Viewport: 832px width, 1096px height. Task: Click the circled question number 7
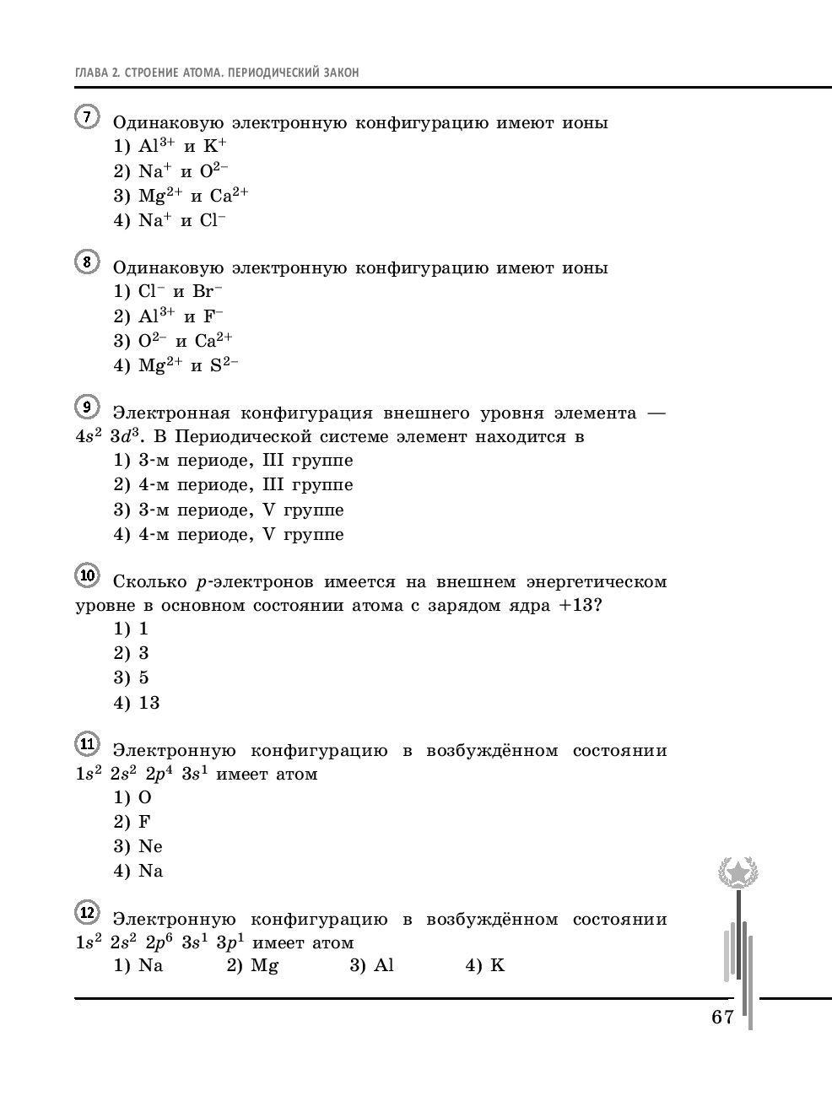87,116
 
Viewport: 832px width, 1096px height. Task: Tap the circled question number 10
87,575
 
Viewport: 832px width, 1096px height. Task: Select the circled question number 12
87,913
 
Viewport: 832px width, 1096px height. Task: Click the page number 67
722,1017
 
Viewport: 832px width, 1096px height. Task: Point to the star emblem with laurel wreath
737,872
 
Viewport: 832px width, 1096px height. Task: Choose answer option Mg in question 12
264,965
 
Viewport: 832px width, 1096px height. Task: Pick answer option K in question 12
497,965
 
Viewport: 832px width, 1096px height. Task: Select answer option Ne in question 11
150,846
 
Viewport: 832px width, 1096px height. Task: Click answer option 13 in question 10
149,702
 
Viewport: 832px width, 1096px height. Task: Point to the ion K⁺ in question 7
215,146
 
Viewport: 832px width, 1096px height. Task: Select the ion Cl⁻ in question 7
213,220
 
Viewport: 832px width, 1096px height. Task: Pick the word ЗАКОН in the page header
339,73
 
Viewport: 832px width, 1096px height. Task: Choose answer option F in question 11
144,822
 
